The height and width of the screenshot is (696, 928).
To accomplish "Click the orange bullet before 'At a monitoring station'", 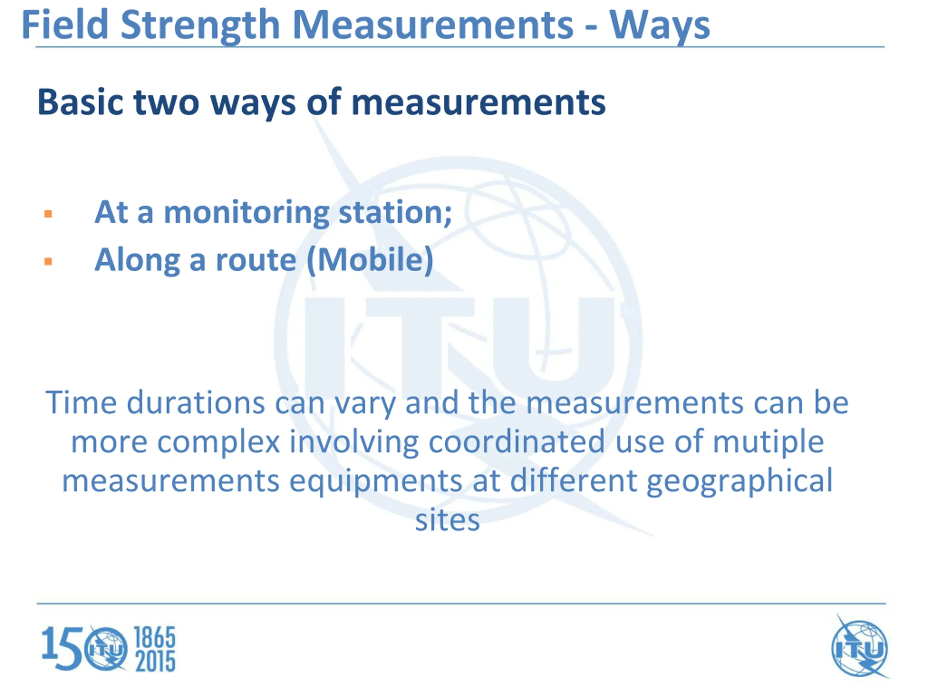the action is pyautogui.click(x=48, y=214).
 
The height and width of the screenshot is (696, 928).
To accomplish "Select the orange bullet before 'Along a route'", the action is pyautogui.click(x=48, y=262).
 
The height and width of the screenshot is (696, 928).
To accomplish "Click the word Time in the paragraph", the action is pyautogui.click(x=81, y=402).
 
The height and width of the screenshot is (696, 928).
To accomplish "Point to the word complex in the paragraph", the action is pyautogui.click(x=219, y=442).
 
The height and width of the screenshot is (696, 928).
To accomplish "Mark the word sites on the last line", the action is pyautogui.click(x=448, y=520).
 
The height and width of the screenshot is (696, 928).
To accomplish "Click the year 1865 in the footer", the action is pyautogui.click(x=155, y=638).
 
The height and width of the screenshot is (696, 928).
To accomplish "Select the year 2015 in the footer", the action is pyautogui.click(x=155, y=662).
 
